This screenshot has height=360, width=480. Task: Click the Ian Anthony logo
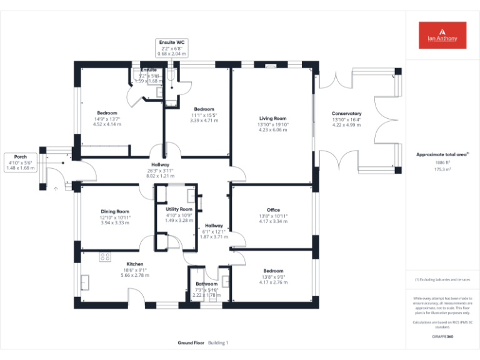[x=442, y=35]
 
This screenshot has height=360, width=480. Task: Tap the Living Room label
[x=272, y=118]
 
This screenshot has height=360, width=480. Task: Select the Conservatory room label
[x=346, y=114]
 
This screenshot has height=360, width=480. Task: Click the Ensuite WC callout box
[x=171, y=48]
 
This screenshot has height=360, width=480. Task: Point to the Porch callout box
[x=21, y=162]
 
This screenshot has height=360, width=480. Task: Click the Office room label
[x=272, y=210]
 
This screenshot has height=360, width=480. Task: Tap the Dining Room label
[x=114, y=211]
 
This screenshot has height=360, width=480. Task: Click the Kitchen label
[x=135, y=264]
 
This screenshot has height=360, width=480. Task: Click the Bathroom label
[x=206, y=284]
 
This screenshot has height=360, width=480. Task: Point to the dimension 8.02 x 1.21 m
[x=160, y=176]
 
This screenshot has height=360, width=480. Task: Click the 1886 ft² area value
[x=442, y=162]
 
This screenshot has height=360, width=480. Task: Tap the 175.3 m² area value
[x=442, y=169]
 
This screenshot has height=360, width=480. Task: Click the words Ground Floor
[x=191, y=343]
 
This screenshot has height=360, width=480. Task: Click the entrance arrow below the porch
[x=56, y=187]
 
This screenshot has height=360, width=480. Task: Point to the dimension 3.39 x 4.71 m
[x=204, y=120]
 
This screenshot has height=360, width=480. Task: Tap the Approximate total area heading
[x=442, y=154]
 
